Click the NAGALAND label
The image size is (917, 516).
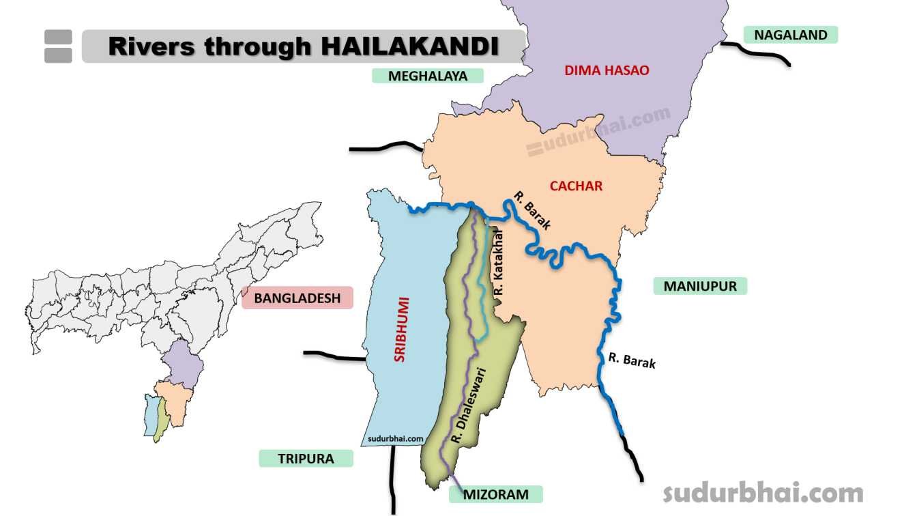pos(790,35)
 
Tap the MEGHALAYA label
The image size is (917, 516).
pos(427,76)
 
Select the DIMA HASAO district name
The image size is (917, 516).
pos(607,70)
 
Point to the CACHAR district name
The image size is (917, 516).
pos(576,186)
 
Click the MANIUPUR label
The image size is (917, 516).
pos(700,286)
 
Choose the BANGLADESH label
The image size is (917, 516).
pos(297,298)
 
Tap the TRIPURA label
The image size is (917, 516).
pos(306,459)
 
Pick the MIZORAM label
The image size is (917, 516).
pos(495,494)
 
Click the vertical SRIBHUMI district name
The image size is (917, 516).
pos(400,328)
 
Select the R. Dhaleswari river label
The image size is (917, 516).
pos(467,407)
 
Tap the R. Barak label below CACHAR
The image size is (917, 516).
pos(532,211)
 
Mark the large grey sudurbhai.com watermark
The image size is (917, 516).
pos(763,492)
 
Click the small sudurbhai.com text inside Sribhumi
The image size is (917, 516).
pos(396,439)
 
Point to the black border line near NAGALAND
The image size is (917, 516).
pos(757,55)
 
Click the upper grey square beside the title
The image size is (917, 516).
pos(58,37)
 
